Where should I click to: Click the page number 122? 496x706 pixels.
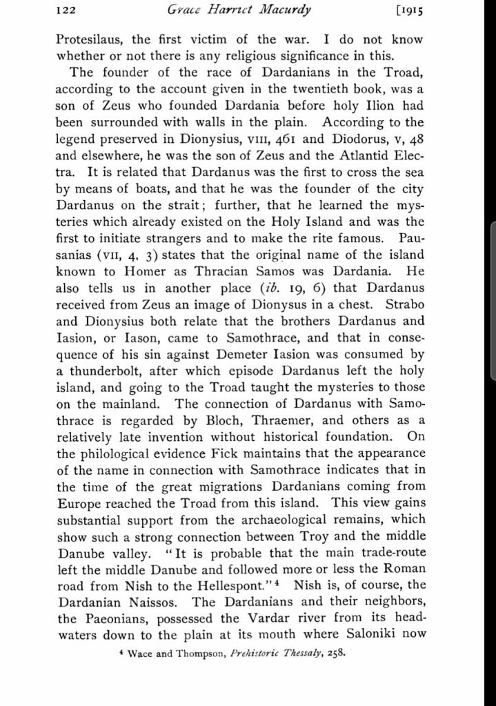pyautogui.click(x=66, y=10)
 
